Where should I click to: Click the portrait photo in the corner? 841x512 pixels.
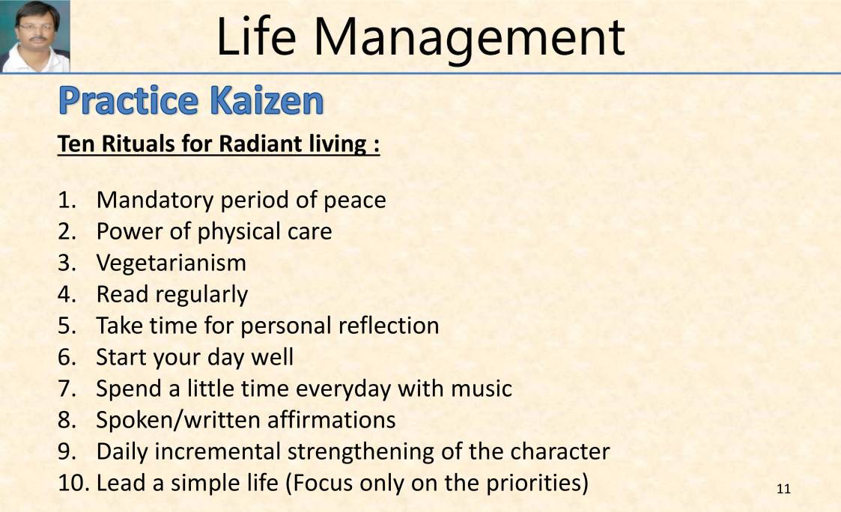(x=35, y=36)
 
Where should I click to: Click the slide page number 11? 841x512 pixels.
(x=784, y=490)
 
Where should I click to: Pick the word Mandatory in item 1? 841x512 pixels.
(x=154, y=200)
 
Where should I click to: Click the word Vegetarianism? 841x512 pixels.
(x=171, y=263)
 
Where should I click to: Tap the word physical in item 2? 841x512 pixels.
(x=227, y=231)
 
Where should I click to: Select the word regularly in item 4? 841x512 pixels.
(x=201, y=295)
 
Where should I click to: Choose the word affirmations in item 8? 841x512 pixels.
(x=331, y=420)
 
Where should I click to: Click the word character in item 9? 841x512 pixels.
(x=559, y=451)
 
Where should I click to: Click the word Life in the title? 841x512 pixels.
(x=258, y=37)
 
